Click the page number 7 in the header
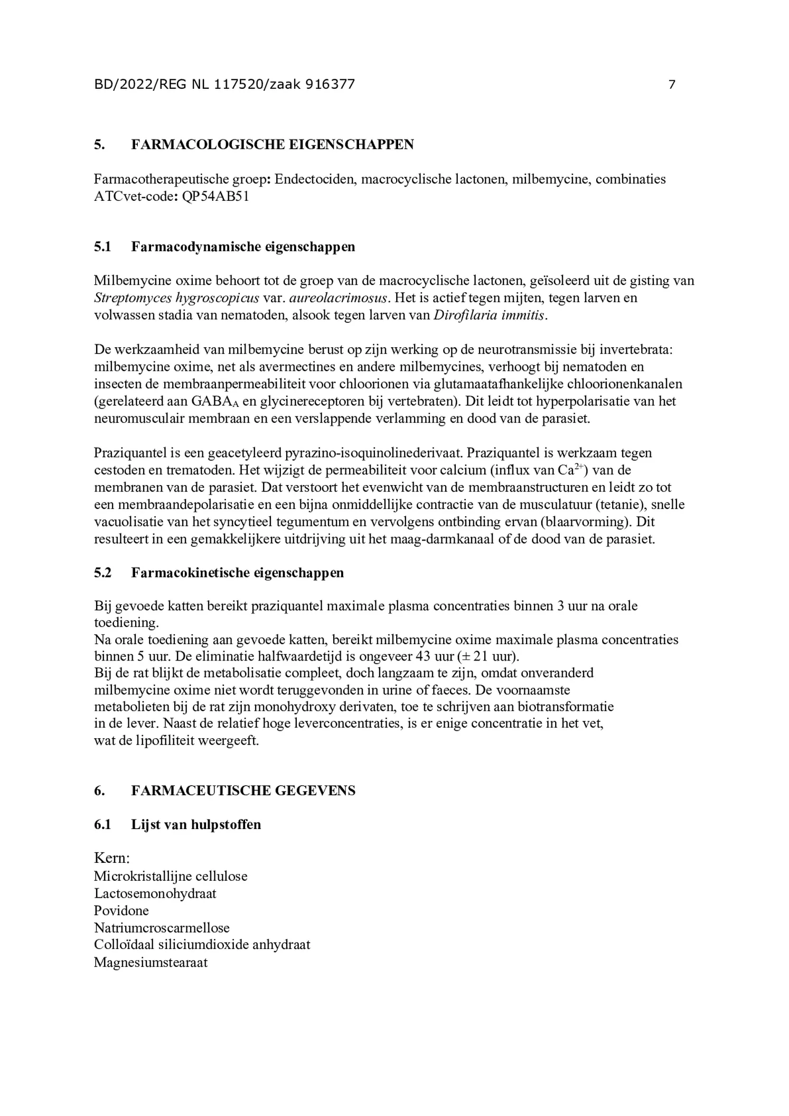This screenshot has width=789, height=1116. (672, 85)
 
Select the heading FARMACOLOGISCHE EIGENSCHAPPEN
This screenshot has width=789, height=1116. (272, 145)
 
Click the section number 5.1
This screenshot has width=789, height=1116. (102, 247)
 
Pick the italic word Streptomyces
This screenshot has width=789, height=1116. (133, 298)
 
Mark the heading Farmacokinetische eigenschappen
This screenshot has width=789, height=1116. (237, 573)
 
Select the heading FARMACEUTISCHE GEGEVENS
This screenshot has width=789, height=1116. (243, 790)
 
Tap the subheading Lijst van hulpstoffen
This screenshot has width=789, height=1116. (196, 825)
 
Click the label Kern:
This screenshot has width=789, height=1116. (112, 857)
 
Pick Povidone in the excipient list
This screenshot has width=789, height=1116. (121, 910)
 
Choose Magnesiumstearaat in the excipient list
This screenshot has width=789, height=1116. (151, 962)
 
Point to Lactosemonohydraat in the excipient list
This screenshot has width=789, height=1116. (155, 894)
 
